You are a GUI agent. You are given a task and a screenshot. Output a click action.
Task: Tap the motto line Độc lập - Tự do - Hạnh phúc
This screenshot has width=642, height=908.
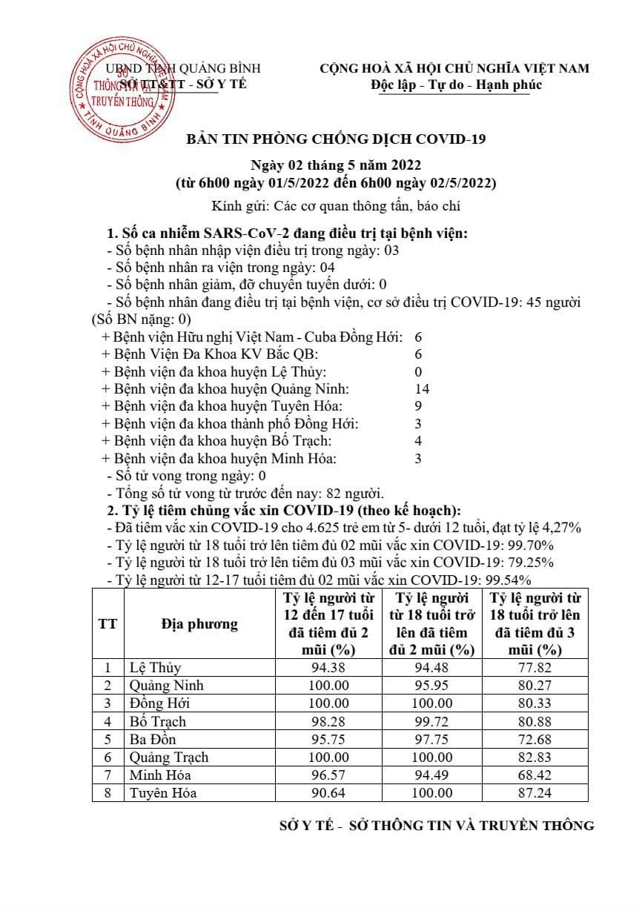click(x=457, y=84)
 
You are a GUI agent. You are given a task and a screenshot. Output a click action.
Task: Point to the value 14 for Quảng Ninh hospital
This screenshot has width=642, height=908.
click(x=422, y=388)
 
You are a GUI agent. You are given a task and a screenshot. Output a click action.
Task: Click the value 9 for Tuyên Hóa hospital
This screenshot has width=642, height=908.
click(x=418, y=406)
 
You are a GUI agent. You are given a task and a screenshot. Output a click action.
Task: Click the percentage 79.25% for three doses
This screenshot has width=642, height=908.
click(x=529, y=563)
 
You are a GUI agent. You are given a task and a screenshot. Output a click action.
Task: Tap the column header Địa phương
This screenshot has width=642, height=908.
click(x=199, y=624)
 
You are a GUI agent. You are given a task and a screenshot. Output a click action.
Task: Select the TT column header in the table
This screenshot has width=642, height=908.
click(x=107, y=624)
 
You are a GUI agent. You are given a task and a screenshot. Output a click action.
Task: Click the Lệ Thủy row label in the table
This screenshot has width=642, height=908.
click(x=155, y=668)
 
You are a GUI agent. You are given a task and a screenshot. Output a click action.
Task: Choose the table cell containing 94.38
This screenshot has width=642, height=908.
click(x=328, y=668)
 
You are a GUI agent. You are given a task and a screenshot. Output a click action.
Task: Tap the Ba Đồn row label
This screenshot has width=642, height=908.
click(x=153, y=740)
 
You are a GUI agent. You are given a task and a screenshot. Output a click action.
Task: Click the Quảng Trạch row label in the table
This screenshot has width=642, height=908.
click(x=169, y=758)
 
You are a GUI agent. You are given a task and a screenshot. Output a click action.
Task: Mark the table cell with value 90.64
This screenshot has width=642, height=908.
click(x=328, y=793)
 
